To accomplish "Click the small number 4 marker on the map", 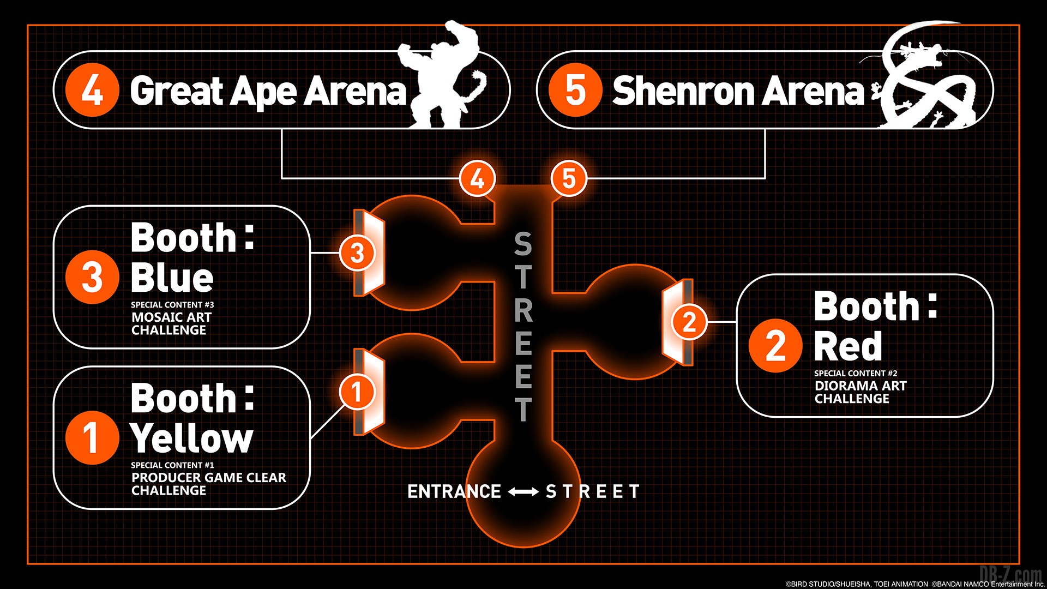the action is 477,178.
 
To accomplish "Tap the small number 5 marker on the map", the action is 569,178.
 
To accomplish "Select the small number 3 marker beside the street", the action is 357,253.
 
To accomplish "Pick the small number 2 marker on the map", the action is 689,322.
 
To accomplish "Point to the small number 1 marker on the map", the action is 357,391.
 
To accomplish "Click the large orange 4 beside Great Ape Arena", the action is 92,90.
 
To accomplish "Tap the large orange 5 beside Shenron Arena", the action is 575,90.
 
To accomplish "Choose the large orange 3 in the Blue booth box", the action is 92,277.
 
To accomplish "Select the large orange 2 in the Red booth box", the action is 775,346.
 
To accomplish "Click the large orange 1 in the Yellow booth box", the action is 92,437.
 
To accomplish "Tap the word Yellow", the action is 192,438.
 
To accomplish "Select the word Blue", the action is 172,278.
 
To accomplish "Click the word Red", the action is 848,346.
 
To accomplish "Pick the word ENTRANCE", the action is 454,491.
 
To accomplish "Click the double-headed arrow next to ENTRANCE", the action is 523,492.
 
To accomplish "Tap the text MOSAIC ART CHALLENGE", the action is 171,323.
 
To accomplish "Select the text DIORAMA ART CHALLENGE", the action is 861,392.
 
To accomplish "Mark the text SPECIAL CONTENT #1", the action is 172,465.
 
